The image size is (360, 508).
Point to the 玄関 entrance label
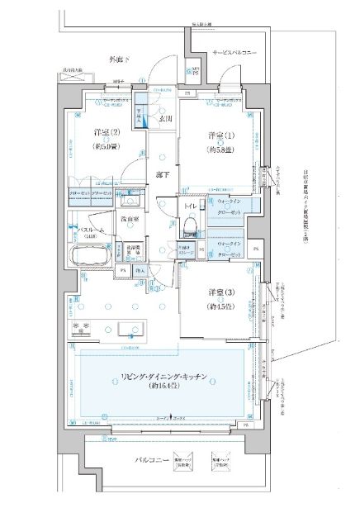(x=165, y=117)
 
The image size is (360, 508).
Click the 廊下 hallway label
(x=162, y=174)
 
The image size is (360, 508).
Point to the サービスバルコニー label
(x=234, y=53)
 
